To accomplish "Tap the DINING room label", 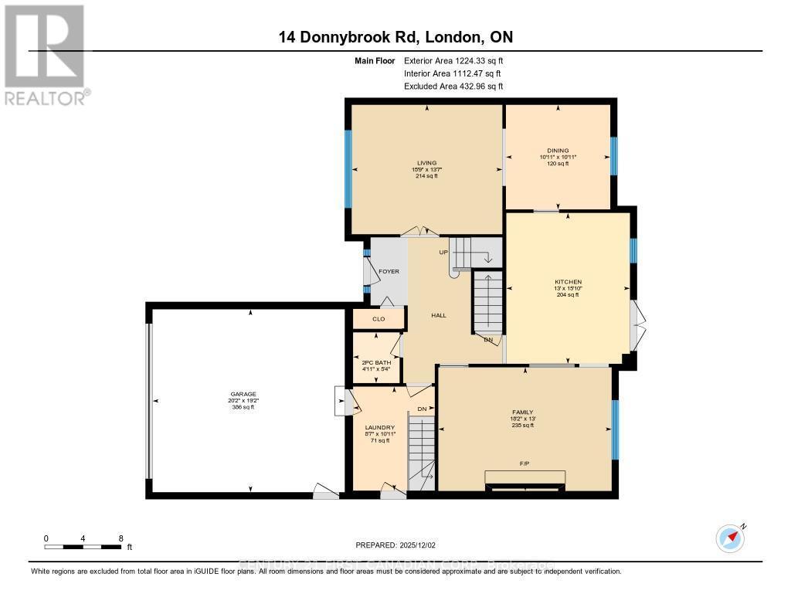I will [x=558, y=151].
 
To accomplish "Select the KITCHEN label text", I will [x=568, y=282].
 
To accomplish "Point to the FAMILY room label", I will [x=524, y=412].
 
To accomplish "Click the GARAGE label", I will [x=247, y=394].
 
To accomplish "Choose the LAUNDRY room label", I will [x=380, y=428].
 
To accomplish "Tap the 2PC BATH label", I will [x=377, y=362].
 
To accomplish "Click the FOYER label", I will [x=389, y=272].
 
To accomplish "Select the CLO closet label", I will [x=379, y=318].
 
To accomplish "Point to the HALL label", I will [x=439, y=315].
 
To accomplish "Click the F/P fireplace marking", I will [x=525, y=464].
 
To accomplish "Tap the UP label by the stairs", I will [x=445, y=253].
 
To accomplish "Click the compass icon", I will [x=730, y=538].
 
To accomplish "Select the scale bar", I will [x=83, y=547].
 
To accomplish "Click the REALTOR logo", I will [x=46, y=54].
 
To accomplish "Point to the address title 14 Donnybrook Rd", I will [x=395, y=37].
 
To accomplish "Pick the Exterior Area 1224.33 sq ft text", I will [x=453, y=60].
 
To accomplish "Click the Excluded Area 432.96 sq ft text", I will [x=453, y=87].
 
